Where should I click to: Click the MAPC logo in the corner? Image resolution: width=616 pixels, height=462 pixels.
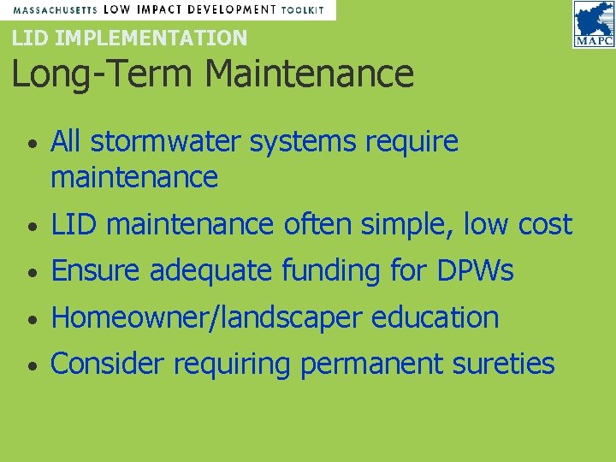pyautogui.click(x=593, y=25)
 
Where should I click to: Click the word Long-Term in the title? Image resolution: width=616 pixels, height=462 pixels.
pyautogui.click(x=102, y=74)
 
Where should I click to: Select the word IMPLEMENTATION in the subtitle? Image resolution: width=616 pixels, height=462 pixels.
pyautogui.click(x=151, y=38)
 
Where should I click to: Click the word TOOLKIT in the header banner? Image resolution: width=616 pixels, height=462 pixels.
pyautogui.click(x=303, y=9)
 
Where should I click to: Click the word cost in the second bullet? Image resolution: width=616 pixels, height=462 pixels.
pyautogui.click(x=545, y=225)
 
